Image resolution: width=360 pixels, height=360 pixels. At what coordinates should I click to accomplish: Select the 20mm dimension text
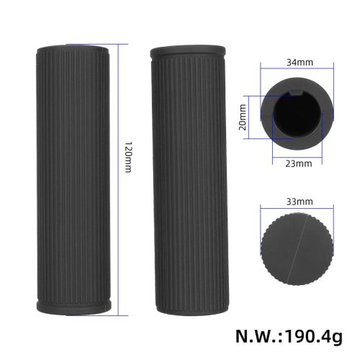(243, 113)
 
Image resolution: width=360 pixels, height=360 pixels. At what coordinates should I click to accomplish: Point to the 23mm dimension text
(297, 163)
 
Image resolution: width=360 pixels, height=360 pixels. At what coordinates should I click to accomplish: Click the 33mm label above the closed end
(297, 194)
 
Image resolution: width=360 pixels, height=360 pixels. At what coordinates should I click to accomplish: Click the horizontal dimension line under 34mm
(297, 69)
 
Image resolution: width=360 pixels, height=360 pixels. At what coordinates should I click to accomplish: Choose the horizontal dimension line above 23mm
(297, 154)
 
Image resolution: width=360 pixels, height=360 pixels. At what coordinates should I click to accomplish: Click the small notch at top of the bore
(297, 91)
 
